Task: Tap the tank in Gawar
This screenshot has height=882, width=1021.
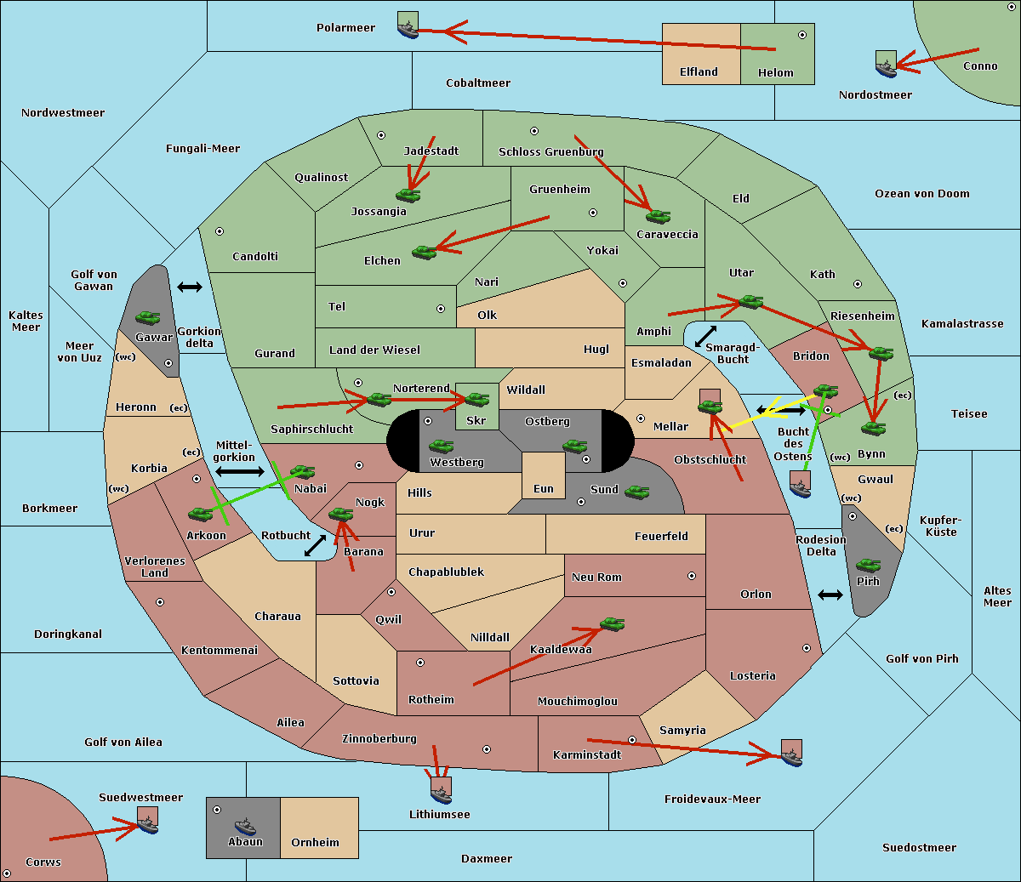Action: pos(148,317)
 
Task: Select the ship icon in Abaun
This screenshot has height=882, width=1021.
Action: pos(245,827)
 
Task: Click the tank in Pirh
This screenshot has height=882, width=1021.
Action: pos(868,566)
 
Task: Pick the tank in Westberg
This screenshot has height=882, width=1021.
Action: pos(441,447)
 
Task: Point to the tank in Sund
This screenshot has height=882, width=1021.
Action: pos(636,492)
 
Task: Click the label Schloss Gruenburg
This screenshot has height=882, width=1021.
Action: pos(550,151)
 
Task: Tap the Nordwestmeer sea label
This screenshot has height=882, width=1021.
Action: pos(63,113)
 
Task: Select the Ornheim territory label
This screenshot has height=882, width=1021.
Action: pos(315,843)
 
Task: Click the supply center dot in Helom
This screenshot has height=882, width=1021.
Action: pos(802,35)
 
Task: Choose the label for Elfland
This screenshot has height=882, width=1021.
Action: pos(699,72)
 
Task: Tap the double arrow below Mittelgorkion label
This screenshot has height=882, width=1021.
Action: pos(240,471)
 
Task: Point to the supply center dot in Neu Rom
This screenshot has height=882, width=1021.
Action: pos(692,576)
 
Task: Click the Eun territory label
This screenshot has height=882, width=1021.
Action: pos(544,489)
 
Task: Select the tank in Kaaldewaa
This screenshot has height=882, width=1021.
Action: pos(612,624)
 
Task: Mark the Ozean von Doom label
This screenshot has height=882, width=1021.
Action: pos(921,194)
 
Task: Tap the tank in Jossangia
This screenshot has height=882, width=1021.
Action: pos(408,196)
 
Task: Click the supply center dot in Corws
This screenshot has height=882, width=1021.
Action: pos(7,873)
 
